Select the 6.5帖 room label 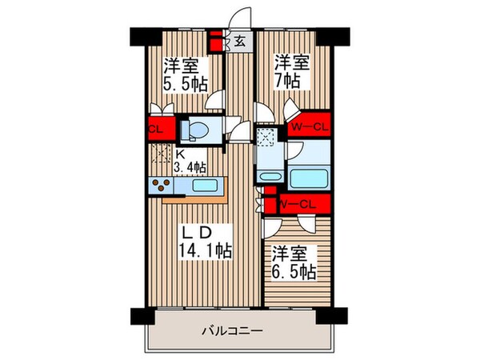pyautogui.click(x=291, y=263)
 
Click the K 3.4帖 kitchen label pyautogui.click(x=190, y=161)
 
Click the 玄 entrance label pyautogui.click(x=238, y=41)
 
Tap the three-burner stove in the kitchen pyautogui.click(x=160, y=186)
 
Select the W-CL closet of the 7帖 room pyautogui.click(x=309, y=126)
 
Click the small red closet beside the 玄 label pyautogui.click(x=216, y=40)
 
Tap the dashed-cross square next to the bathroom pyautogui.click(x=266, y=137)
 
